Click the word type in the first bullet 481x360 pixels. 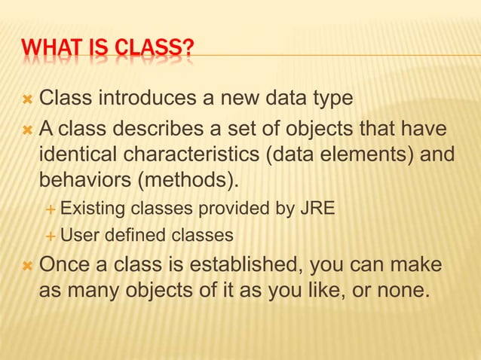click(332, 98)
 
